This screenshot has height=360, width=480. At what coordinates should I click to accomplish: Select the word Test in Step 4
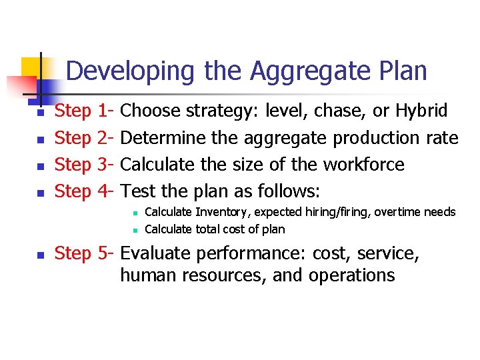pos(139,192)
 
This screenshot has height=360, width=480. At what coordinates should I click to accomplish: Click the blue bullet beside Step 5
pos(41,254)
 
